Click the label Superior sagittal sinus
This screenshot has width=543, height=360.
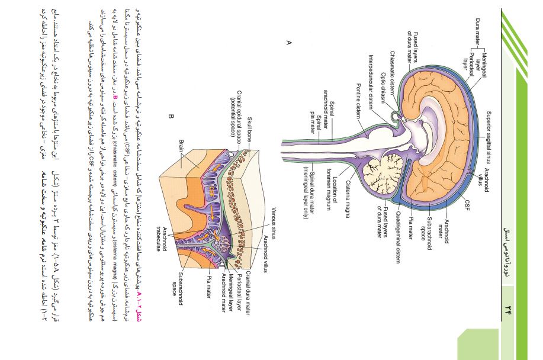tap(486, 139)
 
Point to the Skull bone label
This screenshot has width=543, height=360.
tap(250, 134)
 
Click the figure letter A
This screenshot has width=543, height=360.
tap(289, 41)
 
